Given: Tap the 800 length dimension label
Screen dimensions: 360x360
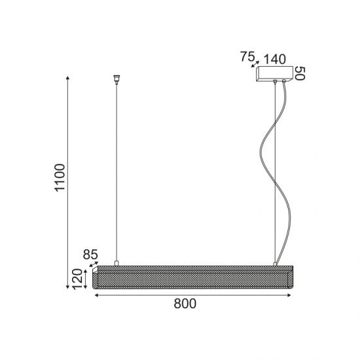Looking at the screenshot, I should [x=185, y=304].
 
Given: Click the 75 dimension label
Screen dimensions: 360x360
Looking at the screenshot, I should [x=247, y=57].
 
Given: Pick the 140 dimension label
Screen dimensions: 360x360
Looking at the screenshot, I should [x=276, y=58].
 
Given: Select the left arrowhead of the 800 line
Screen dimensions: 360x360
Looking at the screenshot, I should [x=98, y=296].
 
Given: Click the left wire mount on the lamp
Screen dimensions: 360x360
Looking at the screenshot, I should [x=116, y=264].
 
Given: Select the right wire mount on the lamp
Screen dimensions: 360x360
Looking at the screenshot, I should [x=276, y=264].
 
